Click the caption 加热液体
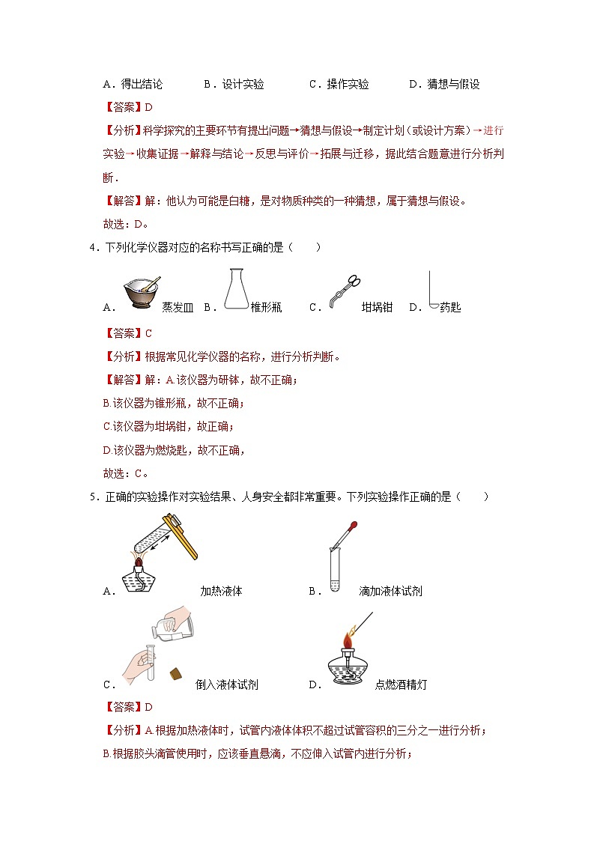coord(221,591)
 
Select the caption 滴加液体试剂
coord(390,591)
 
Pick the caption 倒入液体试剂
coord(227,684)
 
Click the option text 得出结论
coord(142,85)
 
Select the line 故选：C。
coord(125,473)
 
